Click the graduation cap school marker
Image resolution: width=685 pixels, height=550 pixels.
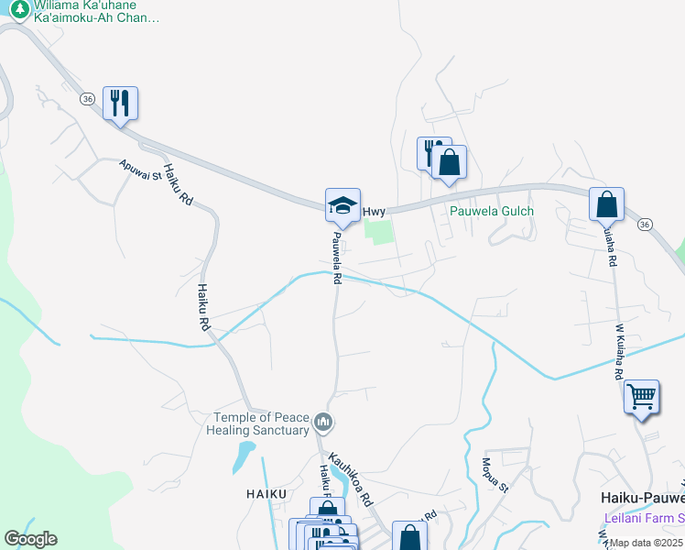(342, 204)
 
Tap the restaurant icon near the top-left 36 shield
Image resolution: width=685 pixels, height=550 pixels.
(120, 102)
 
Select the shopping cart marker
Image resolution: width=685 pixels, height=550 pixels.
(642, 397)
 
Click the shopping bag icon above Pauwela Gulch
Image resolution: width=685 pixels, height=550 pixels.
(449, 162)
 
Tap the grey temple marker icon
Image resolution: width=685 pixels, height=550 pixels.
(322, 422)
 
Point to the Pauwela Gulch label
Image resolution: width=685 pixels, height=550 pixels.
(491, 211)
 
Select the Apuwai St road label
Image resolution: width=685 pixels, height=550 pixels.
(140, 169)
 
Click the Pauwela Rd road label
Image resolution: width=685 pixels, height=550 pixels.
(336, 257)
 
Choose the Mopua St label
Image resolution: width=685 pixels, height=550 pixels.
(494, 474)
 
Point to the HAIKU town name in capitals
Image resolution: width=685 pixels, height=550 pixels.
(266, 493)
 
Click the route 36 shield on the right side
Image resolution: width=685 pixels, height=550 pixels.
(645, 224)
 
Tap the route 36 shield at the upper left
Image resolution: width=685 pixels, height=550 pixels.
(86, 98)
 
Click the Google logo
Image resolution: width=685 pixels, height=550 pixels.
(30, 539)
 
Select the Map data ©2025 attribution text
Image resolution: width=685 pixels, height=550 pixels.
(647, 543)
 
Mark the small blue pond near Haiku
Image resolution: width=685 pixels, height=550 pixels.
(244, 456)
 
